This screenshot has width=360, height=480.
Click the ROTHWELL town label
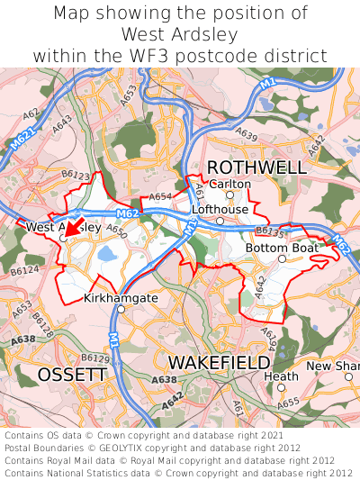coord(256,168)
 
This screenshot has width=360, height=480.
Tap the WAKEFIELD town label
coord(219,362)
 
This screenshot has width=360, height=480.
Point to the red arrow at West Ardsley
coord(73,226)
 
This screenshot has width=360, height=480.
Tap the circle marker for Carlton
coord(229,195)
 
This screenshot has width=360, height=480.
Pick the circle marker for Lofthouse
coord(220,220)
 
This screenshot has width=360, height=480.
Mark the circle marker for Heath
coord(281,388)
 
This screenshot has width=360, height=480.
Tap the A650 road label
coord(116,231)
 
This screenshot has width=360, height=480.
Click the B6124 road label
coord(25,268)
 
